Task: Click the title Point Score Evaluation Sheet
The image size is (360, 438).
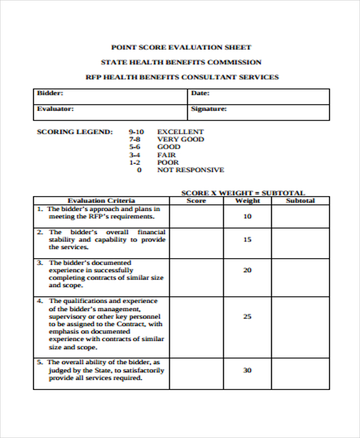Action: (181, 47)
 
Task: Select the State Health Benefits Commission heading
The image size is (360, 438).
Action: (181, 62)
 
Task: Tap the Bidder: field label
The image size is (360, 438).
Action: (50, 93)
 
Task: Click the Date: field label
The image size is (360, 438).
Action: (200, 93)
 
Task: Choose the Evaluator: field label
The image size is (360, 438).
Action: (55, 109)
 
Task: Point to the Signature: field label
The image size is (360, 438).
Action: (208, 109)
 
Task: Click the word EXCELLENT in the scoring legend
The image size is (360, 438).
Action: (180, 131)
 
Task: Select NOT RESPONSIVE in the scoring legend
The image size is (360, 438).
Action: (190, 170)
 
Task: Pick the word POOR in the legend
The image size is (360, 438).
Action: (167, 162)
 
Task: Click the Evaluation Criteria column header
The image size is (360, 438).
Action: (101, 200)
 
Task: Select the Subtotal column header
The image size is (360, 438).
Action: (300, 200)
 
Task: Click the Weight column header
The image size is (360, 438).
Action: (247, 200)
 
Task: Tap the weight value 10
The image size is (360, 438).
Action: (247, 216)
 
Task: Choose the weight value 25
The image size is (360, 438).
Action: (247, 316)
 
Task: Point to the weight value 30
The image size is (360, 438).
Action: (247, 370)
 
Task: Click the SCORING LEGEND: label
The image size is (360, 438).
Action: (74, 131)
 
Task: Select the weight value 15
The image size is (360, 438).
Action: (247, 239)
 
